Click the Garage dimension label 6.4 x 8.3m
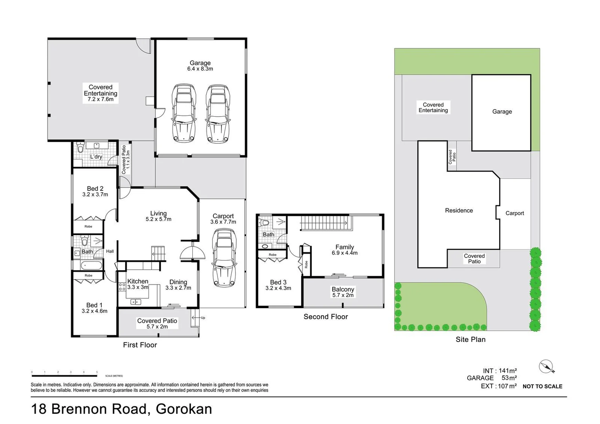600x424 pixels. coord(200,69)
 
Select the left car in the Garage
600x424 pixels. coord(184,113)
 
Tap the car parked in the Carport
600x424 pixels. coord(224,258)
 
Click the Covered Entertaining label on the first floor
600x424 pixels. coord(101,90)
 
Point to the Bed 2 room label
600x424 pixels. coord(95,188)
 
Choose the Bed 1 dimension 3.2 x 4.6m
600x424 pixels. coord(94,311)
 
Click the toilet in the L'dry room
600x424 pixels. coord(80,148)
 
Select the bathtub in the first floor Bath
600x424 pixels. coord(91,266)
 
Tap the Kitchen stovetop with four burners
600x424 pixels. coord(122,287)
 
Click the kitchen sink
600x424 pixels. coord(135,302)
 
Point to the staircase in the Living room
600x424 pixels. coord(159,253)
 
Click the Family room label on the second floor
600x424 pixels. coord(344,247)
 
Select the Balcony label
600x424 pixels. coord(343,289)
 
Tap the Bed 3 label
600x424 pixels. coord(278,282)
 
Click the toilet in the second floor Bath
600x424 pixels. coord(265,223)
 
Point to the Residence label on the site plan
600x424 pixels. coord(459,210)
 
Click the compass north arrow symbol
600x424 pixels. coord(546,367)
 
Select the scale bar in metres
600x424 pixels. coord(64,375)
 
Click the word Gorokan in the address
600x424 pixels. coord(184,409)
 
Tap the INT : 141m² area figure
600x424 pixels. coord(499,371)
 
